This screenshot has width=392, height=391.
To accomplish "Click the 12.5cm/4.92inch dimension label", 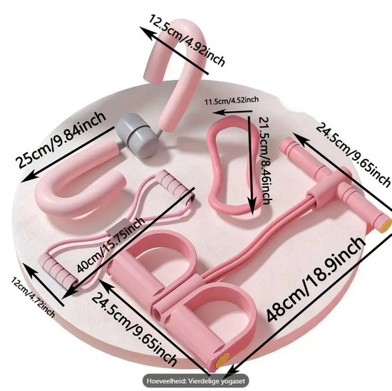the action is point(187,40).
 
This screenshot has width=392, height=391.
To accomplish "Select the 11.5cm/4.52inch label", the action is point(232,100).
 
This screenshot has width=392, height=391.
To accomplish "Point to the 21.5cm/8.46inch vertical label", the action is point(264,161).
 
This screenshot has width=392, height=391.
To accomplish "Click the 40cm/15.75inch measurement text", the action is point(110,245).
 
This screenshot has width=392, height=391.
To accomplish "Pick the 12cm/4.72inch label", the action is point(33,298).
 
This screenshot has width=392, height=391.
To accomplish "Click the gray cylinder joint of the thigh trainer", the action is point(137,135).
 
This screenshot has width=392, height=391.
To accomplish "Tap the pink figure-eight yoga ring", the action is point(231,167).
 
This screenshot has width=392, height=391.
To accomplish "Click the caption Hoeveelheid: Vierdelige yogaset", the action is point(195,381).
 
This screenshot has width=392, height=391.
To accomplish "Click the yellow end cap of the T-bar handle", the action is point(386,224).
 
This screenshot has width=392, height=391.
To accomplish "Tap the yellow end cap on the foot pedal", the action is point(222,360).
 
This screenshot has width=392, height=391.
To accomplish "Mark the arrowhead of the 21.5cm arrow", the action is point(252,207).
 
